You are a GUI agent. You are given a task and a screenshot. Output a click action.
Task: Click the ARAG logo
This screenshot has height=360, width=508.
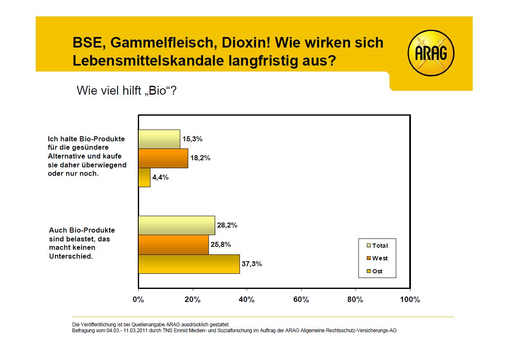431,53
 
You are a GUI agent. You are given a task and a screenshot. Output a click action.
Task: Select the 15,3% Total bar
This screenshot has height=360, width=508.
159,139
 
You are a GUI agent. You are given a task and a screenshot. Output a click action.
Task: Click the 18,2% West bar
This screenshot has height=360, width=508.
163,159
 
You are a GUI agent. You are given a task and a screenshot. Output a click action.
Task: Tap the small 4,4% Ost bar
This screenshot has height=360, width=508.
144,177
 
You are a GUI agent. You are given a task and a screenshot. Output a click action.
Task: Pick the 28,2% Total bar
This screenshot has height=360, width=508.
176,225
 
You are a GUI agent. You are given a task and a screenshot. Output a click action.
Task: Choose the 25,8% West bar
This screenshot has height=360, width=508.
173,245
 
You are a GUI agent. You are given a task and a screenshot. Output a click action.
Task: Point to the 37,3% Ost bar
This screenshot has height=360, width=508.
189,264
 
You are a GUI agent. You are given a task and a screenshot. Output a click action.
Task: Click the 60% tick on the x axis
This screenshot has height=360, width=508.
301,300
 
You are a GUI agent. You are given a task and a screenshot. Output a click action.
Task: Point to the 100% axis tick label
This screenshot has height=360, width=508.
410,300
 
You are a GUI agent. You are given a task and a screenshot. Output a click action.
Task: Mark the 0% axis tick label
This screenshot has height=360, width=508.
138,300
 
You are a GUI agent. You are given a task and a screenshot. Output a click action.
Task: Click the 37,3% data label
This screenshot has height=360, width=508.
252,264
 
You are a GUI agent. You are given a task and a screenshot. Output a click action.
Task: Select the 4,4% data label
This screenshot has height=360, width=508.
161,177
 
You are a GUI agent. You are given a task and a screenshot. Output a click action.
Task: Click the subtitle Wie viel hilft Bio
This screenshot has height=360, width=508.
126,90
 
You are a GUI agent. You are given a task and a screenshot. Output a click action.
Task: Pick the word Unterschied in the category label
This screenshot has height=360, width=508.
71,256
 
